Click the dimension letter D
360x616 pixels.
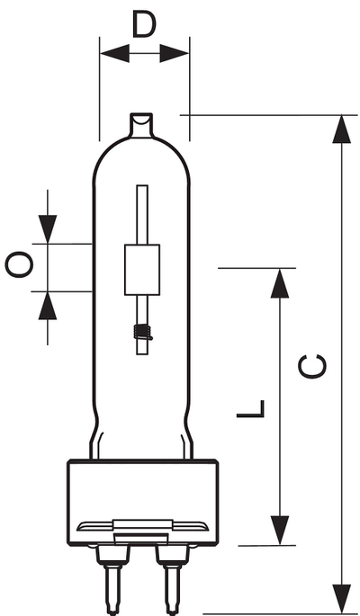tap(144, 24)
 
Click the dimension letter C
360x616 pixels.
tap(312, 367)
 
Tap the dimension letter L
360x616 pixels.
tap(250, 408)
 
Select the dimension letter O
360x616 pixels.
tap(19, 264)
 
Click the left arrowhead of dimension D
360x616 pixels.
tap(115, 53)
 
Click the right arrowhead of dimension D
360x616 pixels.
tap(174, 53)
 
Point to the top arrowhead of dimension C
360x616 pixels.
tap(341, 129)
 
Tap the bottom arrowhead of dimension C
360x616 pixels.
tap(341, 599)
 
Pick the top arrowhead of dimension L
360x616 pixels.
tap(280, 283)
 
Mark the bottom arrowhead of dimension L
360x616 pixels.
tap(280, 530)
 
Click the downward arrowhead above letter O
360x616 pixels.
tap(48, 229)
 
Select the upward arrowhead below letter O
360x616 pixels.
tap(48, 306)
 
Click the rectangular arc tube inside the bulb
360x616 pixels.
tap(142, 270)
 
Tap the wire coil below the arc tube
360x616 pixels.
tap(143, 333)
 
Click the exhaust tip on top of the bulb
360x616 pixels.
tap(141, 125)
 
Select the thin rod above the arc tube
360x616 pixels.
tap(142, 215)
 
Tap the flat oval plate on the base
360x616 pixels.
tap(143, 525)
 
